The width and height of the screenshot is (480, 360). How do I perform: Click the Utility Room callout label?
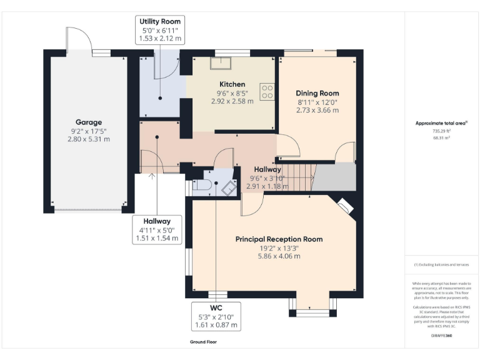click(x=160, y=30)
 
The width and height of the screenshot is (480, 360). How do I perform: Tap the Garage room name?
click(x=89, y=122)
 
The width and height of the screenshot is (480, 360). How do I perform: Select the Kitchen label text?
click(x=232, y=84)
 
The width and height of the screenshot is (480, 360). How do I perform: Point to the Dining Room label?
click(x=317, y=93)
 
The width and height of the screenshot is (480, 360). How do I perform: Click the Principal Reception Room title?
click(x=279, y=239)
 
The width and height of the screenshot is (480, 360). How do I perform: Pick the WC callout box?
click(x=216, y=317)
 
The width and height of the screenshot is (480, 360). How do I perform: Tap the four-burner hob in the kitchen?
click(x=267, y=92)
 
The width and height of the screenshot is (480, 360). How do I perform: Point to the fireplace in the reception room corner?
click(x=345, y=206)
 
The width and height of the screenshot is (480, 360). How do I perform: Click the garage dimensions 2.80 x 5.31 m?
click(x=89, y=139)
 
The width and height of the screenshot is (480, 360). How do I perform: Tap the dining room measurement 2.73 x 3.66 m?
click(x=317, y=110)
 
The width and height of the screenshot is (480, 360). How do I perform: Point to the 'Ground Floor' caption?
click(x=204, y=342)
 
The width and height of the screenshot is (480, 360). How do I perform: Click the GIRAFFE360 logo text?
click(x=441, y=336)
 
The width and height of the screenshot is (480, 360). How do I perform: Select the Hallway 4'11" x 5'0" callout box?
click(x=157, y=229)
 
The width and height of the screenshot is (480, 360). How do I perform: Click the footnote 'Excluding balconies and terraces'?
click(x=442, y=265)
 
